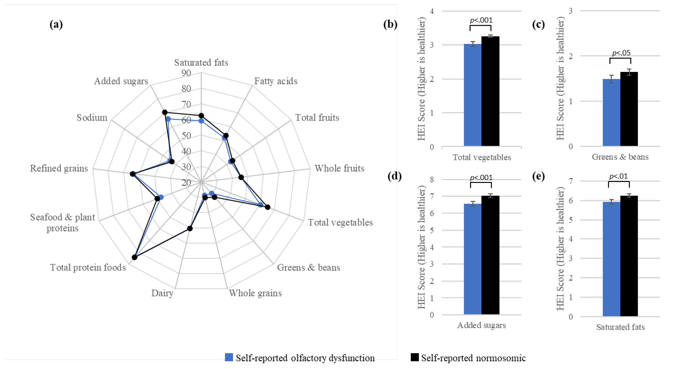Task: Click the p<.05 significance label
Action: pyautogui.click(x=621, y=53)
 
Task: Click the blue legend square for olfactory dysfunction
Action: pyautogui.click(x=229, y=357)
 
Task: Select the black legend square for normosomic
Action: pyautogui.click(x=415, y=357)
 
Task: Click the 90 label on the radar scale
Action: pyautogui.click(x=186, y=73)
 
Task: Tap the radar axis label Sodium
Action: pyautogui.click(x=92, y=118)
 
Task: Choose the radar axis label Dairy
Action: pyautogui.click(x=162, y=293)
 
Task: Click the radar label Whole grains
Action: pyautogui.click(x=255, y=293)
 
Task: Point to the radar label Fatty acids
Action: pyautogui.click(x=276, y=81)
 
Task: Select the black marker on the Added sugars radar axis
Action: pyautogui.click(x=165, y=112)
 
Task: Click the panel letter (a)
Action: pyautogui.click(x=56, y=24)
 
